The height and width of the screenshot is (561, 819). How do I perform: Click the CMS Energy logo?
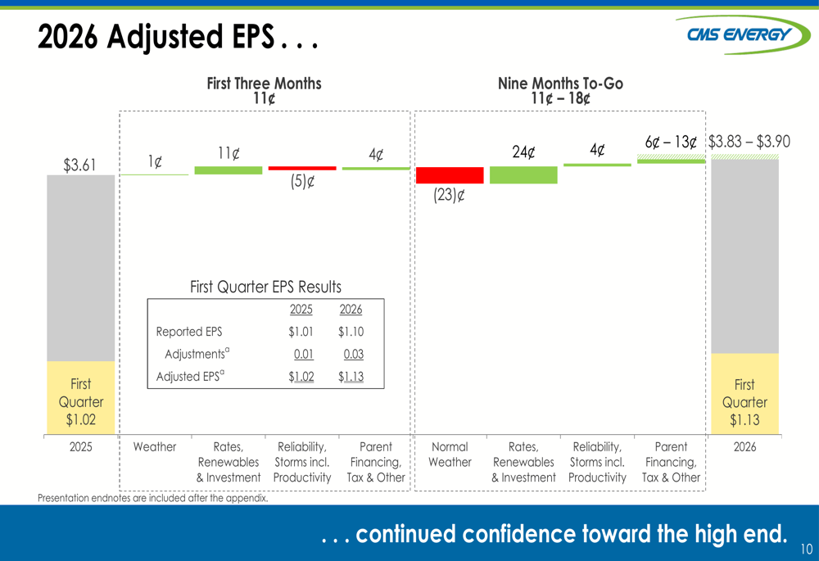tap(740, 35)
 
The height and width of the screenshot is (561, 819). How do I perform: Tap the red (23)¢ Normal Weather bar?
tap(450, 175)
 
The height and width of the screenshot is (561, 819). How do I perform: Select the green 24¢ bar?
tap(523, 175)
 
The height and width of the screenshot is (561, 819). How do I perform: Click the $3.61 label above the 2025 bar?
tap(80, 165)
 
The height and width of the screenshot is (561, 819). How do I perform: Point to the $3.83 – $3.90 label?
tap(749, 142)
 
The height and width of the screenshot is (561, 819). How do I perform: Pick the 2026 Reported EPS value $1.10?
tap(351, 332)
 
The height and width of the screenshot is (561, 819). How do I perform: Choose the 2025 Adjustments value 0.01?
tap(304, 355)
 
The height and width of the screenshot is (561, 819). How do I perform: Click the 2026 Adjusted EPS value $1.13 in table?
tap(351, 377)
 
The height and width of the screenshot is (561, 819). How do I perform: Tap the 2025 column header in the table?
tap(301, 310)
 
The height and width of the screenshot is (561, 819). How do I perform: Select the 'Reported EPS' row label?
tap(189, 332)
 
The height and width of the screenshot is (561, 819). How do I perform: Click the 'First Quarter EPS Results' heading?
tap(265, 287)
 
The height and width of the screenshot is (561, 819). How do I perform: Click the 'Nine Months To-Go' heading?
tap(560, 84)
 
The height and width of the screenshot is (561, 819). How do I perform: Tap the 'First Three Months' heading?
tap(264, 84)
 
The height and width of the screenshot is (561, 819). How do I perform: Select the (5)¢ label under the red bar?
tap(302, 182)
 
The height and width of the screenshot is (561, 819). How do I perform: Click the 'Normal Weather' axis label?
tap(450, 455)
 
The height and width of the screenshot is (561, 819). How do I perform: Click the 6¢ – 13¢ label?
tap(670, 143)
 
